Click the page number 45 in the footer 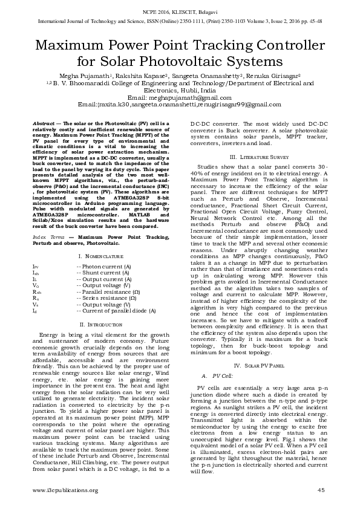[x=321, y=490]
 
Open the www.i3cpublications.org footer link [x=64, y=490]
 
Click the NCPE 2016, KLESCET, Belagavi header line [x=180, y=11]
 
